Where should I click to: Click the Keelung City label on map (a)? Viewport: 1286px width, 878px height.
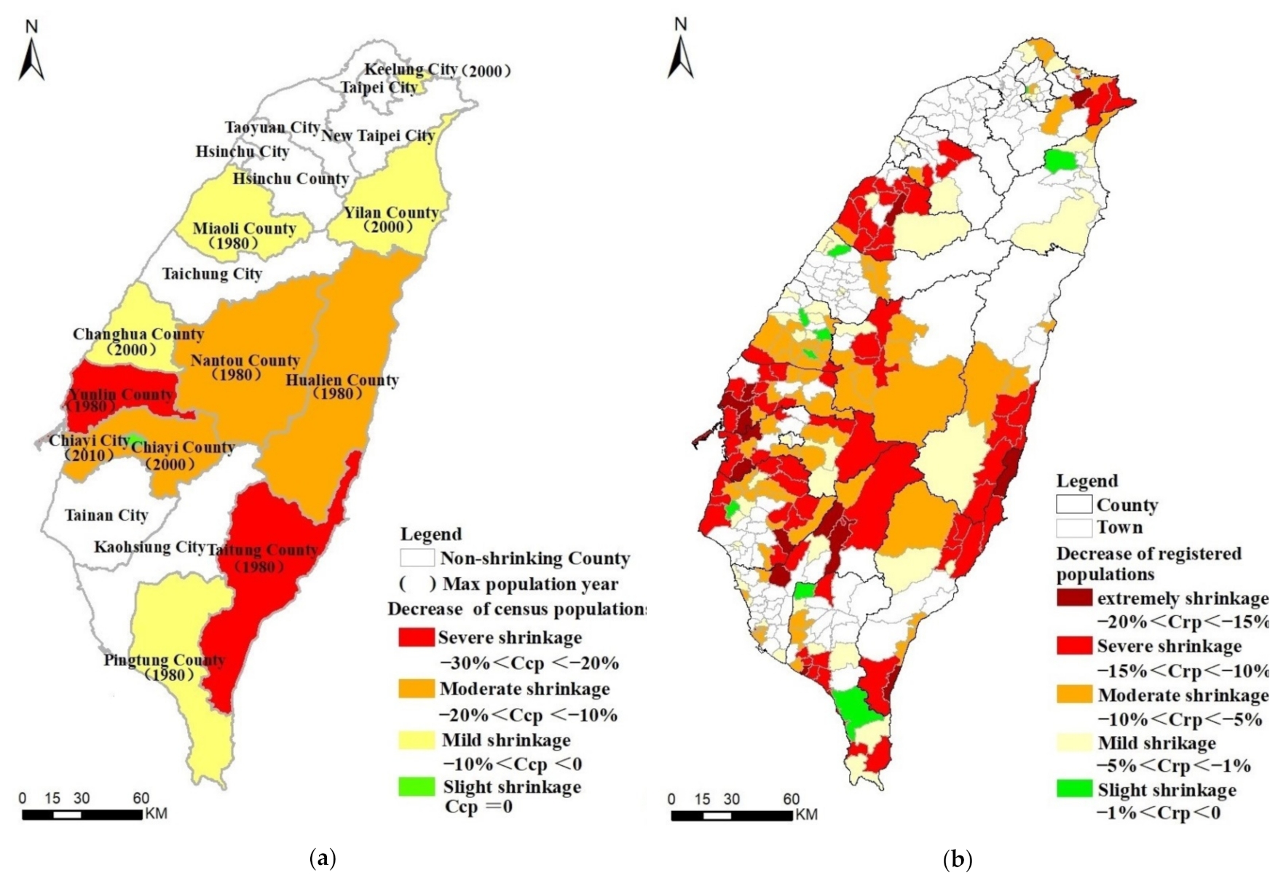pos(411,70)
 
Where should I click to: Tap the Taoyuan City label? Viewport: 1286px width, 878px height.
pos(272,127)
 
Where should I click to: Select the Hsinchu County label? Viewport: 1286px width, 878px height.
pos(291,178)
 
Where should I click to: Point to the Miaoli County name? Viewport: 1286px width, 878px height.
pos(244,229)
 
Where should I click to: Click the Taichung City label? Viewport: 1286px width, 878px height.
pos(212,274)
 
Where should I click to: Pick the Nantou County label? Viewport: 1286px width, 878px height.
pos(245,360)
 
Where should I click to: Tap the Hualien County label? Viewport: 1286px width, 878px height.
pos(342,380)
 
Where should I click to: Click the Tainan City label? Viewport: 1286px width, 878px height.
pos(106,515)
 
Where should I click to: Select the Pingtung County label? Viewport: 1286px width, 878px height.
pos(164,660)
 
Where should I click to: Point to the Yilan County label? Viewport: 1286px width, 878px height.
pos(391,213)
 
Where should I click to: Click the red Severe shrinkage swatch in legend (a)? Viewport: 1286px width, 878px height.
pos(417,638)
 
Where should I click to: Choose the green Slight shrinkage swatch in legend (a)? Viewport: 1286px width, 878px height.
pos(417,787)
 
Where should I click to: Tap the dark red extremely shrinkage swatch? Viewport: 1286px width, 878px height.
pos(1074,598)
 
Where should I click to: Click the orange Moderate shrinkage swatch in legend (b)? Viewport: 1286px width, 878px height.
pos(1074,695)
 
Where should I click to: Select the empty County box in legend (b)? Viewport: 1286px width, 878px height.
pos(1074,505)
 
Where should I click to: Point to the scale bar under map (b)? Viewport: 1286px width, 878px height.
pos(731,815)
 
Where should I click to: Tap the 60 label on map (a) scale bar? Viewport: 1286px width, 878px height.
pos(141,798)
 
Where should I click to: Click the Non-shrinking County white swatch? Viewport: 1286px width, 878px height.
pos(417,558)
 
